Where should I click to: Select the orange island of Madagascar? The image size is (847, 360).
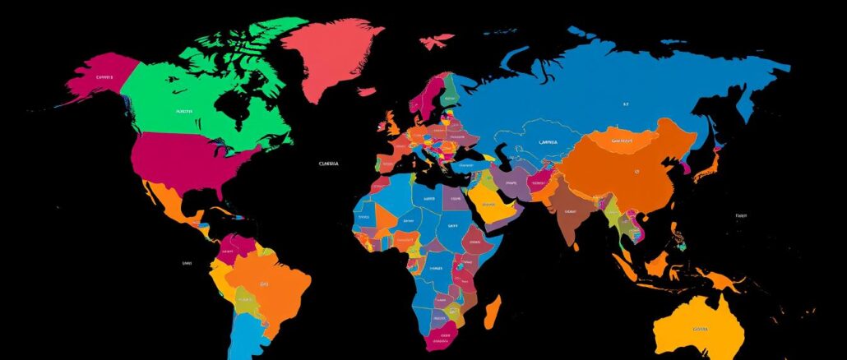pyautogui.click(x=492, y=312)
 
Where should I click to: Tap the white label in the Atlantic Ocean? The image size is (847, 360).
pyautogui.click(x=327, y=164)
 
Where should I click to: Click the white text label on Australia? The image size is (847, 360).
pyautogui.click(x=700, y=328)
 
